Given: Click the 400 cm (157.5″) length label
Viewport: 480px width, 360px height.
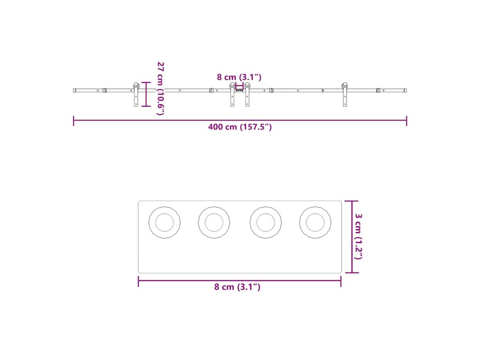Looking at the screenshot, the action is pos(240,127).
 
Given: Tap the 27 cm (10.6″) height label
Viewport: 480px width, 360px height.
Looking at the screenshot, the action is pos(160,89).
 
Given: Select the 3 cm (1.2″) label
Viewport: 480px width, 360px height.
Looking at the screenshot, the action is pos(358,236).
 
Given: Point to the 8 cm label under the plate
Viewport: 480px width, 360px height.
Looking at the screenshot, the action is pos(237,287).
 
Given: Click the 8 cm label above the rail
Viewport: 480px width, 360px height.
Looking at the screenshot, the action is pos(239,77).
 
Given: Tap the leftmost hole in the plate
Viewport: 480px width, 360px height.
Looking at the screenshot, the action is pos(165,223).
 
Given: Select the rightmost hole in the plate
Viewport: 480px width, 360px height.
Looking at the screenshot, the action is pos(315,223).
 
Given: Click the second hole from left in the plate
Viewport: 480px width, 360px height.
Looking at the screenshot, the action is pos(214,223).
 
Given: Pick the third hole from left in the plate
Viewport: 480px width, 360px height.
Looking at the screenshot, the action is pos(265,223).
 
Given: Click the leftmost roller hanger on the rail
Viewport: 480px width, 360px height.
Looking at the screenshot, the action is pos(136,94).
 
